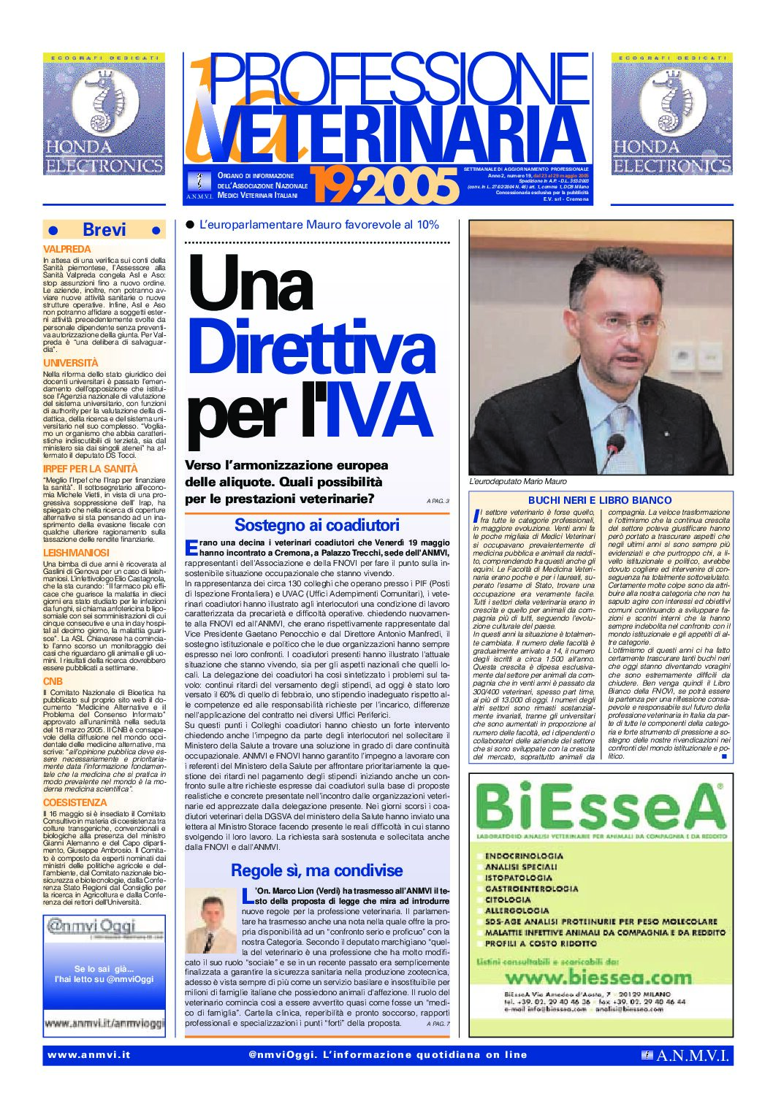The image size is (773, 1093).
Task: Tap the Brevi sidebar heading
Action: click(x=104, y=230)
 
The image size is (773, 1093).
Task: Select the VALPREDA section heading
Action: click(x=67, y=249)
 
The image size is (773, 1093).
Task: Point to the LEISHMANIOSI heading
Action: click(x=76, y=553)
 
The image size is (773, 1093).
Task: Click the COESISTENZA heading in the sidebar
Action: click(x=75, y=802)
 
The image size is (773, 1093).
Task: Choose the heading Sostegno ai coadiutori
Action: click(x=316, y=525)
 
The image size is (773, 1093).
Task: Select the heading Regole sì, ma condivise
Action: click(x=316, y=870)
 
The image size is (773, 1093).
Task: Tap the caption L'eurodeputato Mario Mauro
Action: click(x=517, y=482)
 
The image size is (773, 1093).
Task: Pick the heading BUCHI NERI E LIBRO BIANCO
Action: click(x=599, y=500)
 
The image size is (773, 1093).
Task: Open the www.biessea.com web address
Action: click(x=598, y=978)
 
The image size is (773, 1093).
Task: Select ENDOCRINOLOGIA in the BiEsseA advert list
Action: click(x=524, y=856)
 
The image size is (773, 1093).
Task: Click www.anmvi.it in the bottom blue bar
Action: click(x=89, y=1055)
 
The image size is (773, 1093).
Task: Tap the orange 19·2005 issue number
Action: click(x=384, y=186)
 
